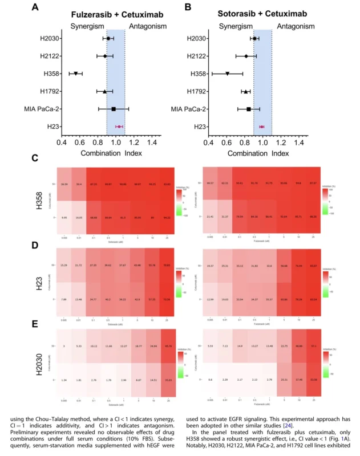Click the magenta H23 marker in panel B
tap(261, 127)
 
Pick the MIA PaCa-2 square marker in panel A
tap(114, 109)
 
